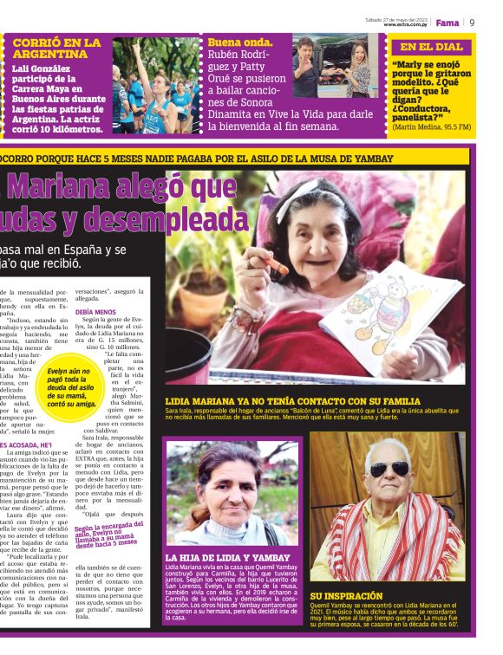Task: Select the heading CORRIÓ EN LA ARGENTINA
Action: click(56, 48)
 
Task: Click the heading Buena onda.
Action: click(234, 41)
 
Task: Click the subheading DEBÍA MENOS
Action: click(95, 310)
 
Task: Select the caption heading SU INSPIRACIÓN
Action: click(346, 596)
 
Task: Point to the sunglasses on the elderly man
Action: click(388, 470)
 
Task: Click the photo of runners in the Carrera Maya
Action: click(156, 85)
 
